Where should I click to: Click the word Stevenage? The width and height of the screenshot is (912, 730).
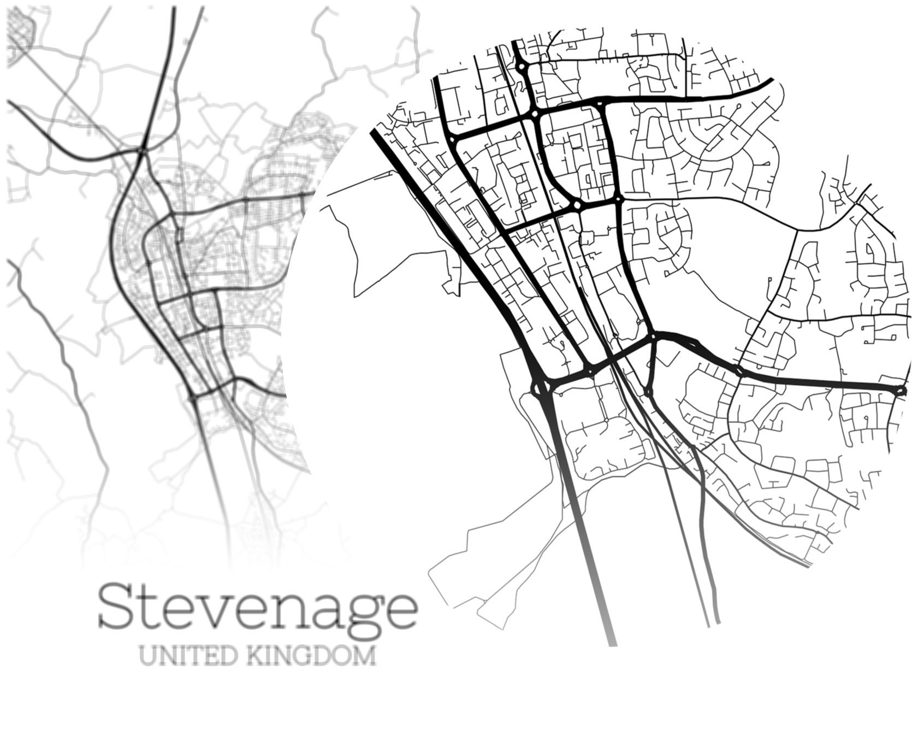258,608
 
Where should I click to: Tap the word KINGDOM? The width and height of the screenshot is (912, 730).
311,655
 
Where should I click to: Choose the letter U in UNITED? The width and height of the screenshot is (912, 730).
147,655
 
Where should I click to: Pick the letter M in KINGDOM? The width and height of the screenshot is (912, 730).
364,655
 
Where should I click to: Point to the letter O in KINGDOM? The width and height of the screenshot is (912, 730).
342,655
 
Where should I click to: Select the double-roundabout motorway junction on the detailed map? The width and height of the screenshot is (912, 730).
541,387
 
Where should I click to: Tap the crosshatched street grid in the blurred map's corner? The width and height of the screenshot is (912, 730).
21,30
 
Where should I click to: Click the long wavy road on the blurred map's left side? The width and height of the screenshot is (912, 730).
60,350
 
